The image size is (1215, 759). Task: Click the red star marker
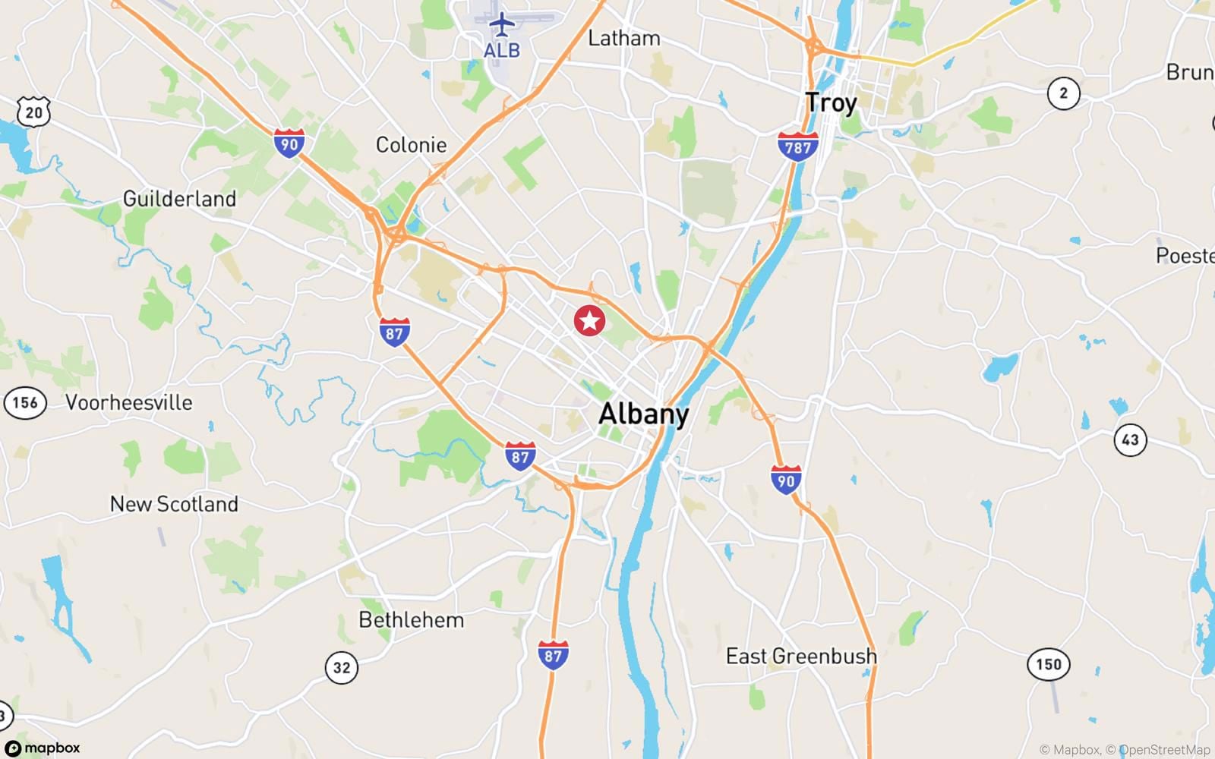[x=589, y=320]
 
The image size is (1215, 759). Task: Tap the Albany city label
[x=644, y=414]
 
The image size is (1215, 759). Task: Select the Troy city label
[x=831, y=102]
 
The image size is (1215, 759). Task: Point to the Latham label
[x=624, y=38]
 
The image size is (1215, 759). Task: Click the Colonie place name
[x=411, y=144]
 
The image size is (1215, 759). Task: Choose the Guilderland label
[x=179, y=199]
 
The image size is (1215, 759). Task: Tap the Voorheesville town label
[x=129, y=402]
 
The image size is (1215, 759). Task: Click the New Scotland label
[x=174, y=504]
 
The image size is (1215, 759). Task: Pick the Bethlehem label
[x=411, y=620]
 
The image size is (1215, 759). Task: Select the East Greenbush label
[x=801, y=656]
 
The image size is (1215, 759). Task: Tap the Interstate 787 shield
[x=798, y=146]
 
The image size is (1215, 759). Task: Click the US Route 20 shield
[x=33, y=112]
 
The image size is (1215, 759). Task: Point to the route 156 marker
[x=25, y=402]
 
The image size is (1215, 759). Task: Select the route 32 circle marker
[x=342, y=668]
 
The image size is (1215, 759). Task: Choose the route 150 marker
[x=1049, y=665]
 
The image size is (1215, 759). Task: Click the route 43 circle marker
[x=1130, y=439]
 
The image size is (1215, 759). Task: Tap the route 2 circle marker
[x=1063, y=93]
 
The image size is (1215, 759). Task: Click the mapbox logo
[x=43, y=748]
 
